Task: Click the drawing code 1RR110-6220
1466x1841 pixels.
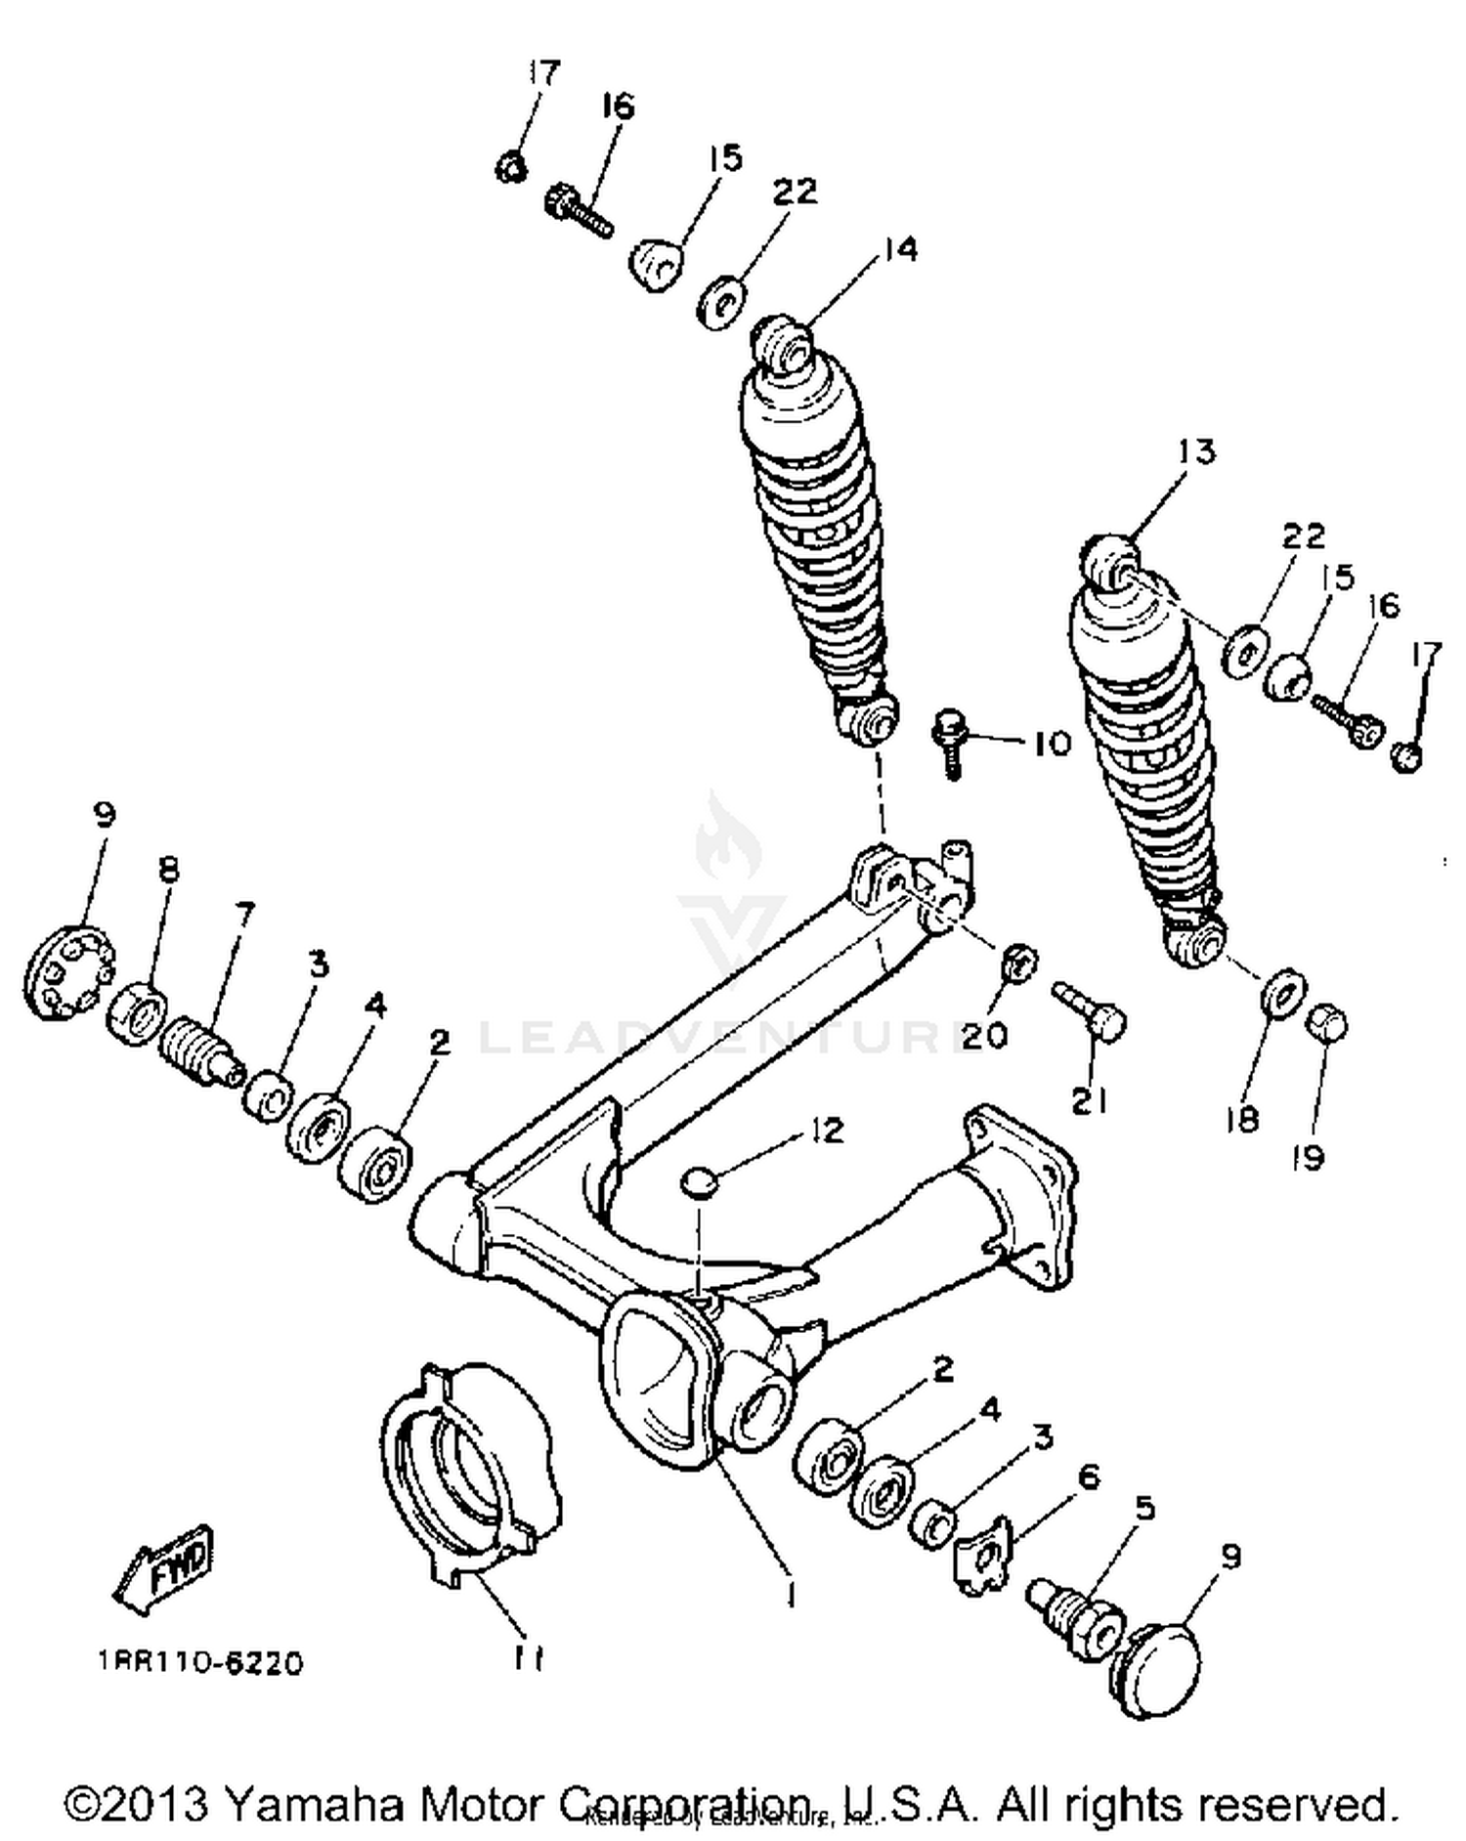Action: click(200, 1662)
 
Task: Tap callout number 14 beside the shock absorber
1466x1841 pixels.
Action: click(899, 250)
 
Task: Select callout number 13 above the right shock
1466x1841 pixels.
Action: click(1195, 452)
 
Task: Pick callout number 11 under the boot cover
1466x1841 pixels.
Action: click(528, 1657)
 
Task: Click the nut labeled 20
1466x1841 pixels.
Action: click(1019, 965)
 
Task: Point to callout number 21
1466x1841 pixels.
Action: click(1089, 1101)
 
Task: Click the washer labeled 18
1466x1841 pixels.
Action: click(1281, 993)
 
